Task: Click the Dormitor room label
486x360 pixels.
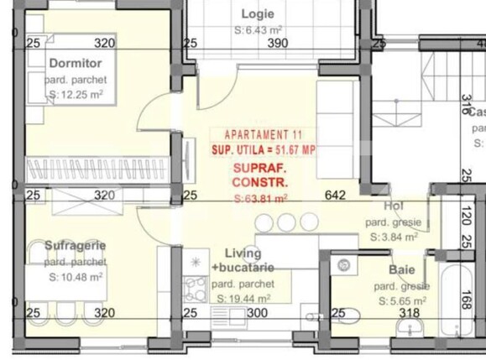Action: [75, 63]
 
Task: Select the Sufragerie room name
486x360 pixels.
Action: [75, 245]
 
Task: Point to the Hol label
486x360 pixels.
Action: [394, 206]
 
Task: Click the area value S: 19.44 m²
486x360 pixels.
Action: [243, 298]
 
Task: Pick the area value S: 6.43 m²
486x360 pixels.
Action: [258, 30]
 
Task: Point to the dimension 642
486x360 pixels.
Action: [335, 196]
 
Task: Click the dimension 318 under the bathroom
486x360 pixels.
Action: [409, 313]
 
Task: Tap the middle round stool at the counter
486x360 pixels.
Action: [287, 222]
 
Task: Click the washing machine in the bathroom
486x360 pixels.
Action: [344, 265]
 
